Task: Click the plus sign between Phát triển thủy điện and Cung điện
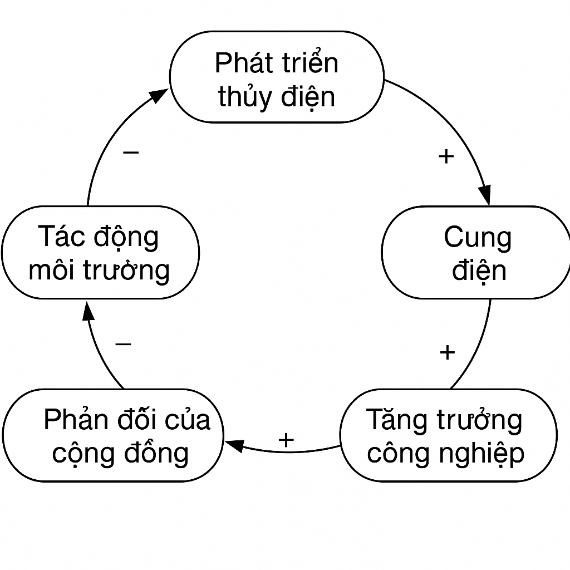tap(446, 157)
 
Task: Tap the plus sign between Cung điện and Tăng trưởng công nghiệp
tap(447, 352)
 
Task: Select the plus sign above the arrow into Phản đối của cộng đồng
tap(286, 440)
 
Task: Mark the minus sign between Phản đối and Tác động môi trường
tap(123, 344)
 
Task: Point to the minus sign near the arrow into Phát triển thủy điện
tap(131, 152)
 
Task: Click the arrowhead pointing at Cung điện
tap(485, 195)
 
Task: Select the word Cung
tap(478, 238)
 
